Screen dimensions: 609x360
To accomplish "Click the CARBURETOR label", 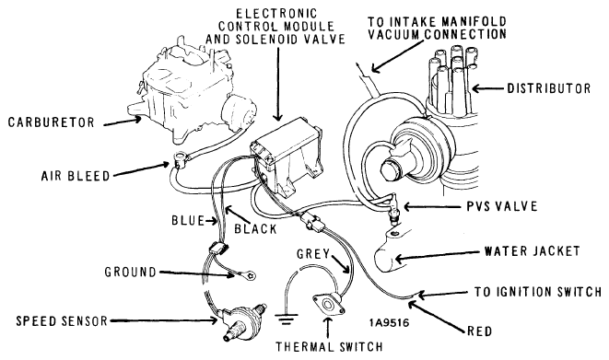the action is pyautogui.click(x=52, y=122).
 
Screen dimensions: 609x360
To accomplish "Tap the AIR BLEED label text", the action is pyautogui.click(x=76, y=176).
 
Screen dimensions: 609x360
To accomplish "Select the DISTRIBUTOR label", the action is pyautogui.click(x=549, y=88).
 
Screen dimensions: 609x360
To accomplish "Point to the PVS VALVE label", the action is pyautogui.click(x=502, y=206).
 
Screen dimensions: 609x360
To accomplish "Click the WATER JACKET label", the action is pyautogui.click(x=532, y=251).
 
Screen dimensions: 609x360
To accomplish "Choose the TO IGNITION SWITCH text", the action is pyautogui.click(x=538, y=291).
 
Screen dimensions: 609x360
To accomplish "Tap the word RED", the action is pyautogui.click(x=479, y=331).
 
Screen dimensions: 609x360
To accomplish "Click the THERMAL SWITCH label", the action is pyautogui.click(x=329, y=346).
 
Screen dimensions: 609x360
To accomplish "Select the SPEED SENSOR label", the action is pyautogui.click(x=62, y=320).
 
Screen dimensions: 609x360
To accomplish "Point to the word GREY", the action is pyautogui.click(x=313, y=254).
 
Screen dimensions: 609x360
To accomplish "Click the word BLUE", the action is pyautogui.click(x=188, y=220).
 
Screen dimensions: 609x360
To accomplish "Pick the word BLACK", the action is pyautogui.click(x=255, y=229).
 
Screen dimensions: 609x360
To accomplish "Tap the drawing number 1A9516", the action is pyautogui.click(x=389, y=323).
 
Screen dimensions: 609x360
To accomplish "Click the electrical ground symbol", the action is pyautogui.click(x=287, y=319).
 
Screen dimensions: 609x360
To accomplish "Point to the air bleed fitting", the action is pyautogui.click(x=181, y=158).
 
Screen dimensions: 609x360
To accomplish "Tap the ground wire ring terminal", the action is pyautogui.click(x=251, y=276).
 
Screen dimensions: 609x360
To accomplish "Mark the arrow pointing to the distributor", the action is pyautogui.click(x=487, y=88).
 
